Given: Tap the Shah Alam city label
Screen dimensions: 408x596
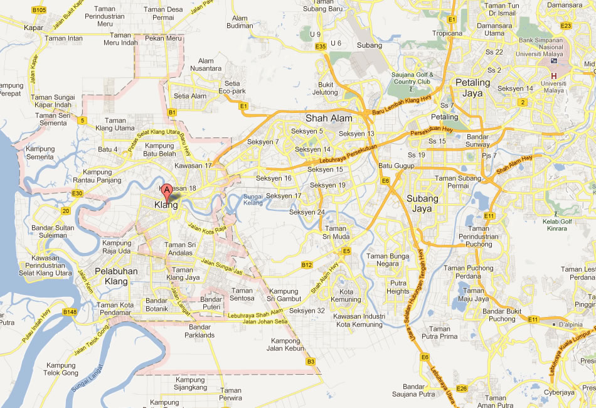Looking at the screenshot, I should [329, 118].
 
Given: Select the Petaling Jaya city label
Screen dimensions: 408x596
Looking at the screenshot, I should [472, 88].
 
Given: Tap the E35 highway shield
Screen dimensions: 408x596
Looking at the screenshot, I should [321, 46].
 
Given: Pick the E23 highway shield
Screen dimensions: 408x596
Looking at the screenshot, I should [566, 26].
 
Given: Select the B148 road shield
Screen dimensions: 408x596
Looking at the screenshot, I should [70, 311].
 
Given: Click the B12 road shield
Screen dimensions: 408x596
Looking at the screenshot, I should [306, 265].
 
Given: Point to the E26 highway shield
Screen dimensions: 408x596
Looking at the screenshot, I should [462, 389].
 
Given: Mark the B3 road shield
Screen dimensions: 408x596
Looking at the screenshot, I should [310, 362].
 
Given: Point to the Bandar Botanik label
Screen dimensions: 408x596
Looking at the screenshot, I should [156, 304].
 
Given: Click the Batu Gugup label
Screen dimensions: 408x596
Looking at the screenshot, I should [396, 166].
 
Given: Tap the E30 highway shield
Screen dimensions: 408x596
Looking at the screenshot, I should [77, 193].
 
